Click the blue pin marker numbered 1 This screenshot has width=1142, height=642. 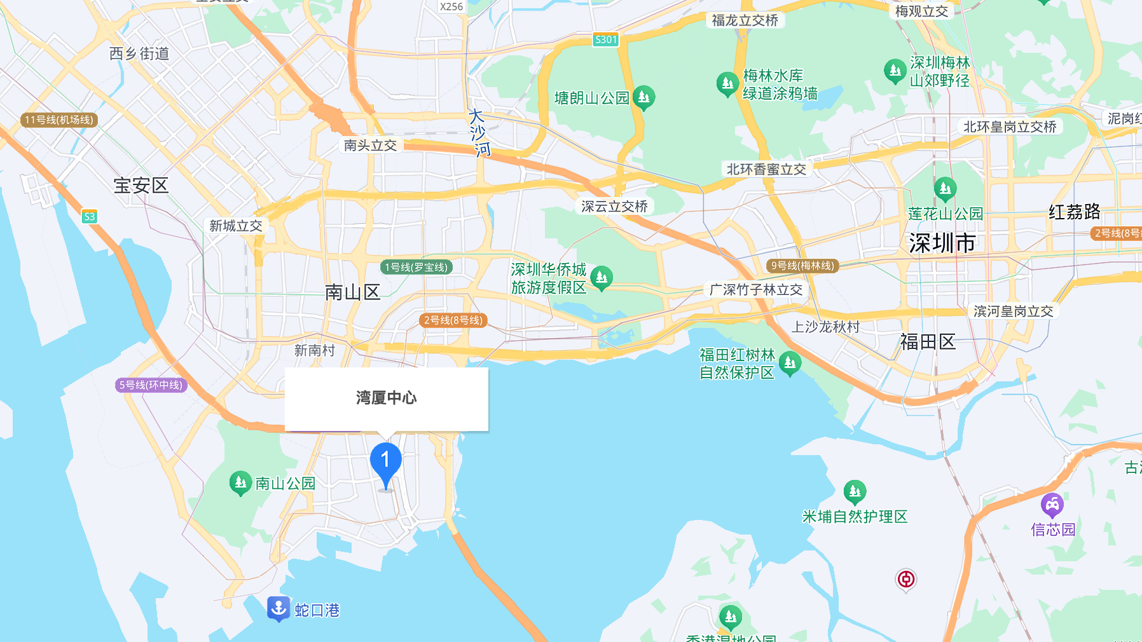pyautogui.click(x=385, y=462)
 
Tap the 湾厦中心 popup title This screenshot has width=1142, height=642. pyautogui.click(x=386, y=398)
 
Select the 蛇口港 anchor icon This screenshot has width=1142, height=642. pyautogui.click(x=279, y=608)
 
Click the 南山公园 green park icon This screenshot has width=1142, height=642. pyautogui.click(x=240, y=483)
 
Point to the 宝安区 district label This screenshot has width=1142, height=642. pyautogui.click(x=141, y=186)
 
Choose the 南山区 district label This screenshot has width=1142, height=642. pyautogui.click(x=352, y=292)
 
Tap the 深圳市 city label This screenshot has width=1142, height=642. pyautogui.click(x=942, y=243)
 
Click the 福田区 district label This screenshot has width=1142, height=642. pyautogui.click(x=928, y=342)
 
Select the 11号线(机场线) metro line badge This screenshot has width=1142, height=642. pyautogui.click(x=59, y=120)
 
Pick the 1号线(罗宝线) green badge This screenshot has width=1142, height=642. pyautogui.click(x=416, y=267)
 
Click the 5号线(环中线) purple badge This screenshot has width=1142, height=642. pyautogui.click(x=151, y=385)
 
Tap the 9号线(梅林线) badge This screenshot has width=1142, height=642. pyautogui.click(x=802, y=266)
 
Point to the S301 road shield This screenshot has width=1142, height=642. pyautogui.click(x=605, y=39)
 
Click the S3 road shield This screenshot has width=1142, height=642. pyautogui.click(x=90, y=217)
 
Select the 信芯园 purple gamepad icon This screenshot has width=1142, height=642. pyautogui.click(x=1052, y=505)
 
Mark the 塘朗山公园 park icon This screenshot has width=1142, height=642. pyautogui.click(x=643, y=97)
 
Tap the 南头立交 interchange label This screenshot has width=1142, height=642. pyautogui.click(x=370, y=146)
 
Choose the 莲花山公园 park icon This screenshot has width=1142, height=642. pyautogui.click(x=945, y=188)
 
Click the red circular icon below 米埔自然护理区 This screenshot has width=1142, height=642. pyautogui.click(x=905, y=579)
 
